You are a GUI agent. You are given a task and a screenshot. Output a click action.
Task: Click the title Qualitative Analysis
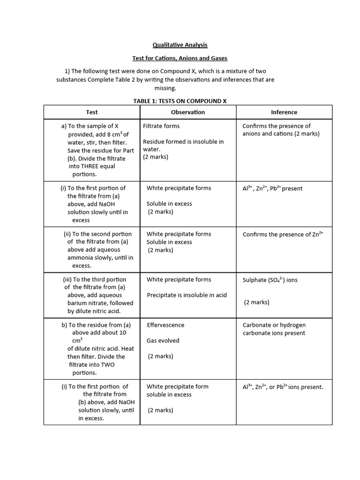(180, 45)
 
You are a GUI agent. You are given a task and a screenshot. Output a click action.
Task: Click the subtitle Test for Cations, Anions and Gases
(180, 58)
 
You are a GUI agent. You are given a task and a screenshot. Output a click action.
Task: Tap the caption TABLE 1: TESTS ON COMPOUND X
(180, 101)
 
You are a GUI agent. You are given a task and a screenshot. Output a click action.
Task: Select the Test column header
(92, 112)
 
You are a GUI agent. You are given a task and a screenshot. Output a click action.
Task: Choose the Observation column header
(188, 112)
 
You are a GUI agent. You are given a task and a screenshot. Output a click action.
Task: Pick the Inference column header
(284, 112)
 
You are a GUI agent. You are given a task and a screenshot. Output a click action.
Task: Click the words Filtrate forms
(161, 126)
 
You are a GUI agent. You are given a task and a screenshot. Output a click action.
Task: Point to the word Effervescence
(165, 325)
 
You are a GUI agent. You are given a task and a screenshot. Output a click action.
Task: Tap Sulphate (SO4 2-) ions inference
(270, 280)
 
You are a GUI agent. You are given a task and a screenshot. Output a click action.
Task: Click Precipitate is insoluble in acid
(187, 295)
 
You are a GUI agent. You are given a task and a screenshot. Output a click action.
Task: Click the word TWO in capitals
(107, 365)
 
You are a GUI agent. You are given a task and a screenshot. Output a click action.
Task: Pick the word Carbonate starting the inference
(257, 325)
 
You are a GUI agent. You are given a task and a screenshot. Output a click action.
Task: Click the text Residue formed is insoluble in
(183, 142)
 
